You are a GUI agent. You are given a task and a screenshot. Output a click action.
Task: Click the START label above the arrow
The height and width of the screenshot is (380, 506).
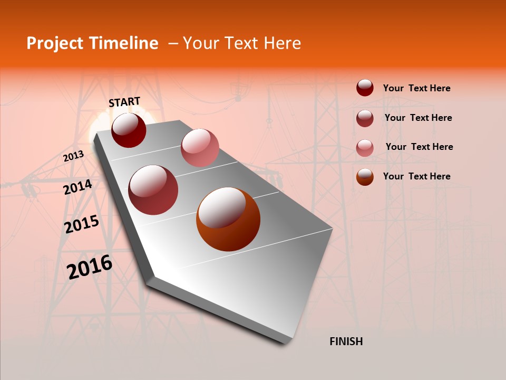pos(124,102)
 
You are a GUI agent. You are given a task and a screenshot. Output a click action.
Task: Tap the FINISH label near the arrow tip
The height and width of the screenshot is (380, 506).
pos(346,341)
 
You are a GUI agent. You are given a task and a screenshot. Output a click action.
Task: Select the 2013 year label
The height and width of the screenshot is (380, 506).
pos(73,156)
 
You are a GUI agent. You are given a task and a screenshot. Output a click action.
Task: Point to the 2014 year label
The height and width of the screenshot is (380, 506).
pos(77,187)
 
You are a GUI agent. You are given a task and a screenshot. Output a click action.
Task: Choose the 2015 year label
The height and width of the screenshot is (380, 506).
pos(81,224)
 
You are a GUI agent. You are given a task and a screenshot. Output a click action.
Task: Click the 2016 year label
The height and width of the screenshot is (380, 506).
pos(90,267)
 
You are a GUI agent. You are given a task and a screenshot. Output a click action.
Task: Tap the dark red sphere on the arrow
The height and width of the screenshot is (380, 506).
pos(129,130)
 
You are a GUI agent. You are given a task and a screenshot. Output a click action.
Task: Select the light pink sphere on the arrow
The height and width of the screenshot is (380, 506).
pos(200,148)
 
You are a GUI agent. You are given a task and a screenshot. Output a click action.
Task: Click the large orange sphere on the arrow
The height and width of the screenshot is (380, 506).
pos(228,219)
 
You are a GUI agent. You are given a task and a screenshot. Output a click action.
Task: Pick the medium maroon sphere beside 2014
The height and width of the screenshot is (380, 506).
pos(153,190)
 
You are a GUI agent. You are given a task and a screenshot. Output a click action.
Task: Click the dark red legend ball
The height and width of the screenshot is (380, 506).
pos(365,88)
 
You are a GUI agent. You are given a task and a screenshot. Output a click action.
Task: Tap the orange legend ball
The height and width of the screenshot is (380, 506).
pos(365,177)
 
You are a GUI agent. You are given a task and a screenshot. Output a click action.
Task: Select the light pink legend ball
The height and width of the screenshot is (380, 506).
pos(365,147)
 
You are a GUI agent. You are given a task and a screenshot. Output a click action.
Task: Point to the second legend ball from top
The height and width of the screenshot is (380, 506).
pos(365,118)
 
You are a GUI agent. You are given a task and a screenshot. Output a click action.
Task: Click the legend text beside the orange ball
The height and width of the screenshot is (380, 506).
pos(416,176)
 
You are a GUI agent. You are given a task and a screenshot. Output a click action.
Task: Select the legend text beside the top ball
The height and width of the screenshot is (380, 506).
pos(416,88)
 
